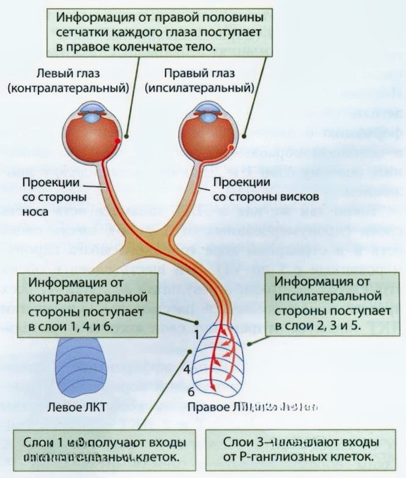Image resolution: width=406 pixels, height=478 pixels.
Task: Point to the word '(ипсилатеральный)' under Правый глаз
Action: (199, 88)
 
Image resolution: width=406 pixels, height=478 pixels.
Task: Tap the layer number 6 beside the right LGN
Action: (191, 392)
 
